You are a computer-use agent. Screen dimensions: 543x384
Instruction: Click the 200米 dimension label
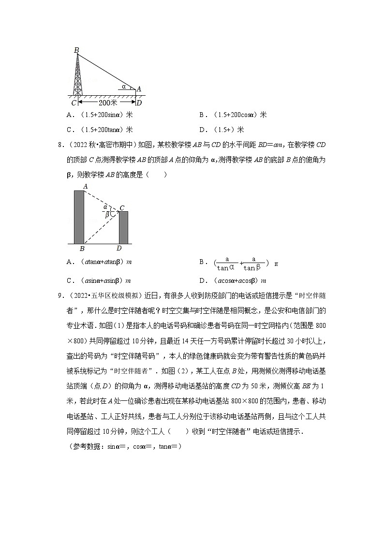click(x=105, y=103)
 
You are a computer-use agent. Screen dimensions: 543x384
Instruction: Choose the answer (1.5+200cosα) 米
click(x=233, y=115)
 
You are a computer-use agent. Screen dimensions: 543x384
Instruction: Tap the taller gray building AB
click(x=79, y=217)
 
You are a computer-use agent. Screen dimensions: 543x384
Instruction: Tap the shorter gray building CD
click(x=123, y=227)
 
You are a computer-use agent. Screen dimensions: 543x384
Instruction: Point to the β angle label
click(x=107, y=215)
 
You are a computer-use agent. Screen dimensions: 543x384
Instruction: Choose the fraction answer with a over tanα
click(x=240, y=264)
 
